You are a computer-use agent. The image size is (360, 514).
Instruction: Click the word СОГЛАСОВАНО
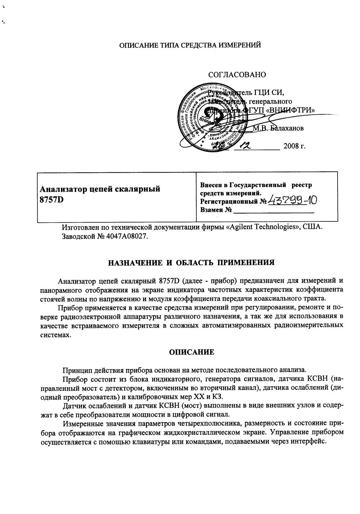pyautogui.click(x=237, y=74)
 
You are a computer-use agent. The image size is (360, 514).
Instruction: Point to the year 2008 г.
pyautogui.click(x=294, y=146)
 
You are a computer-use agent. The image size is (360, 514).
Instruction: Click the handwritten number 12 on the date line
pyautogui.click(x=246, y=145)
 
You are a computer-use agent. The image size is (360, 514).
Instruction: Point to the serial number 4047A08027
pyautogui.click(x=127, y=237)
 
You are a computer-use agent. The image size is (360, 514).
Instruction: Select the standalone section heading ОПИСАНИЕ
pyautogui.click(x=192, y=352)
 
